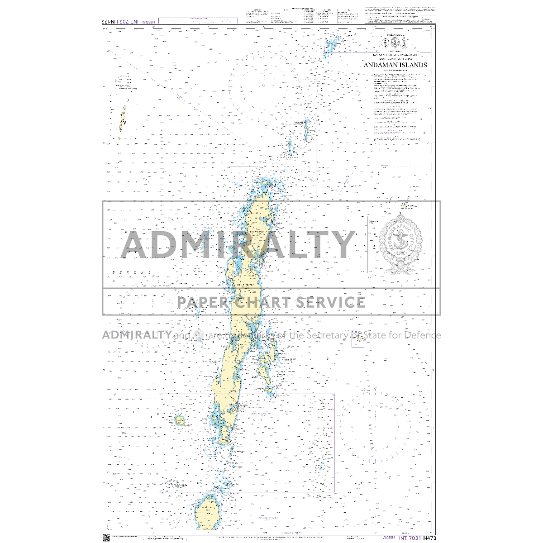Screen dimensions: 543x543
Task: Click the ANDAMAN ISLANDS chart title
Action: tap(395, 65)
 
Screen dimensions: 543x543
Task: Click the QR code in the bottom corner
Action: tap(106, 537)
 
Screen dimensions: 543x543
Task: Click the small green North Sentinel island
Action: tap(180, 421)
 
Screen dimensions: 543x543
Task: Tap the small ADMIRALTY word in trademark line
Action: tap(137, 335)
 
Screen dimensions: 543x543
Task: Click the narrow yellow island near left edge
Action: tap(122, 119)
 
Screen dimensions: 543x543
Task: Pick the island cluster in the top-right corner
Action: tap(331, 47)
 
